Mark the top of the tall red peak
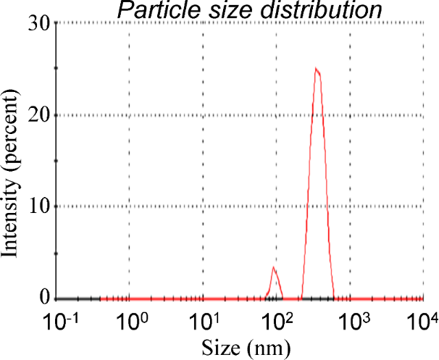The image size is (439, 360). (316, 69)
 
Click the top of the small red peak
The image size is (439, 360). (273, 267)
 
